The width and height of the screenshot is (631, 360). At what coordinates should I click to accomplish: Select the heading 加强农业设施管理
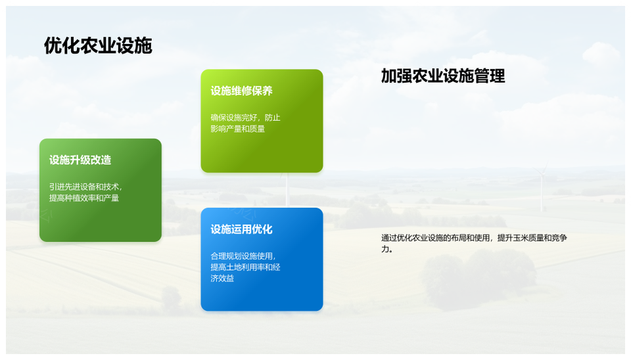click(x=442, y=76)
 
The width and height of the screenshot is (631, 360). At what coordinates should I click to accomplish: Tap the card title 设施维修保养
click(x=241, y=91)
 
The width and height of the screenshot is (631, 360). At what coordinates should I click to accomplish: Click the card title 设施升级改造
click(x=80, y=160)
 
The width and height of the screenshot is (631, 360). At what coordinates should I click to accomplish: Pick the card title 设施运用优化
click(x=241, y=229)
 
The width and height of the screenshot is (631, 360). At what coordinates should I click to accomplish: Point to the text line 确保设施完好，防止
click(x=245, y=118)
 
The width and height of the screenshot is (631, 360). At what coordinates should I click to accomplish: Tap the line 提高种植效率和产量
click(x=84, y=198)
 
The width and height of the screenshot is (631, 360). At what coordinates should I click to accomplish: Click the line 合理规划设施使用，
click(x=242, y=256)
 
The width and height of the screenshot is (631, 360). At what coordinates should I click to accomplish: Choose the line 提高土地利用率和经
click(x=245, y=267)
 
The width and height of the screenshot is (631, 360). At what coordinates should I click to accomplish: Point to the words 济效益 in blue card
click(x=222, y=279)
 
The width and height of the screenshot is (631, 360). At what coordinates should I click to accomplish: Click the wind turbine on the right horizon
click(x=542, y=187)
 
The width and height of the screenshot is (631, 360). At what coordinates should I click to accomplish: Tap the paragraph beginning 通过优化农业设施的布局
click(x=473, y=238)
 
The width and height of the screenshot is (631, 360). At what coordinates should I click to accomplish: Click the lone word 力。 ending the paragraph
click(x=387, y=250)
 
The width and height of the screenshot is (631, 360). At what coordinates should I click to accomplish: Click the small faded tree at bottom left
click(x=172, y=299)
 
